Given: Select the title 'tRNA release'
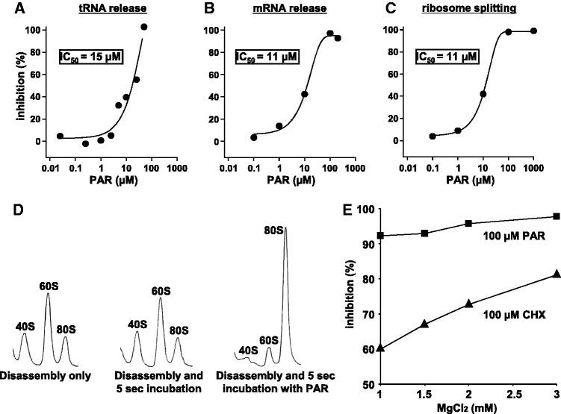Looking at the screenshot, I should pos(111,9).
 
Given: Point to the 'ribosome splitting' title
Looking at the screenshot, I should pos(478,9).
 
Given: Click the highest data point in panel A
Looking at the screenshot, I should pos(144,27).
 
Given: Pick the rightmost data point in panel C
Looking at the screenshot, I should pos(533,31).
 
